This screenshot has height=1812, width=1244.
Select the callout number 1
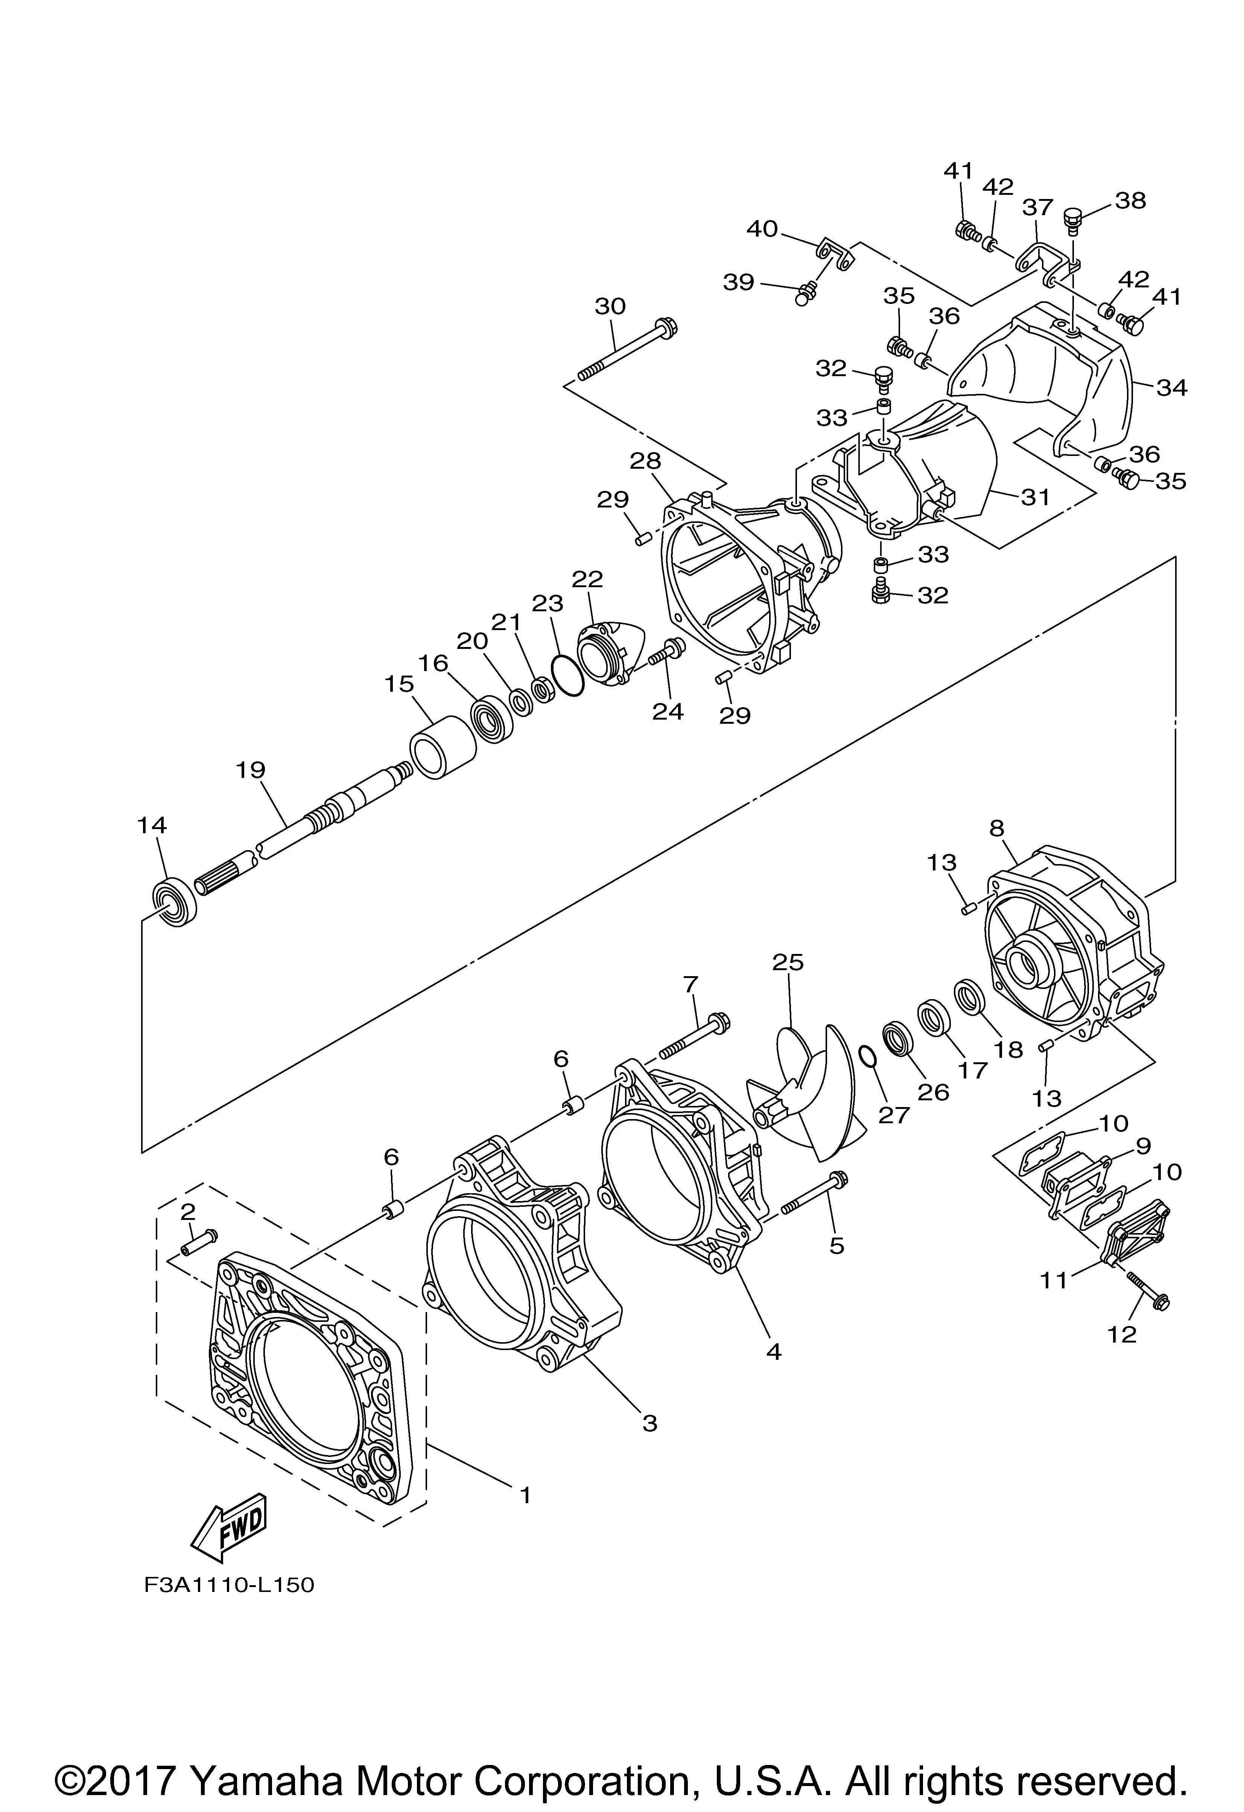(x=525, y=1495)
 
